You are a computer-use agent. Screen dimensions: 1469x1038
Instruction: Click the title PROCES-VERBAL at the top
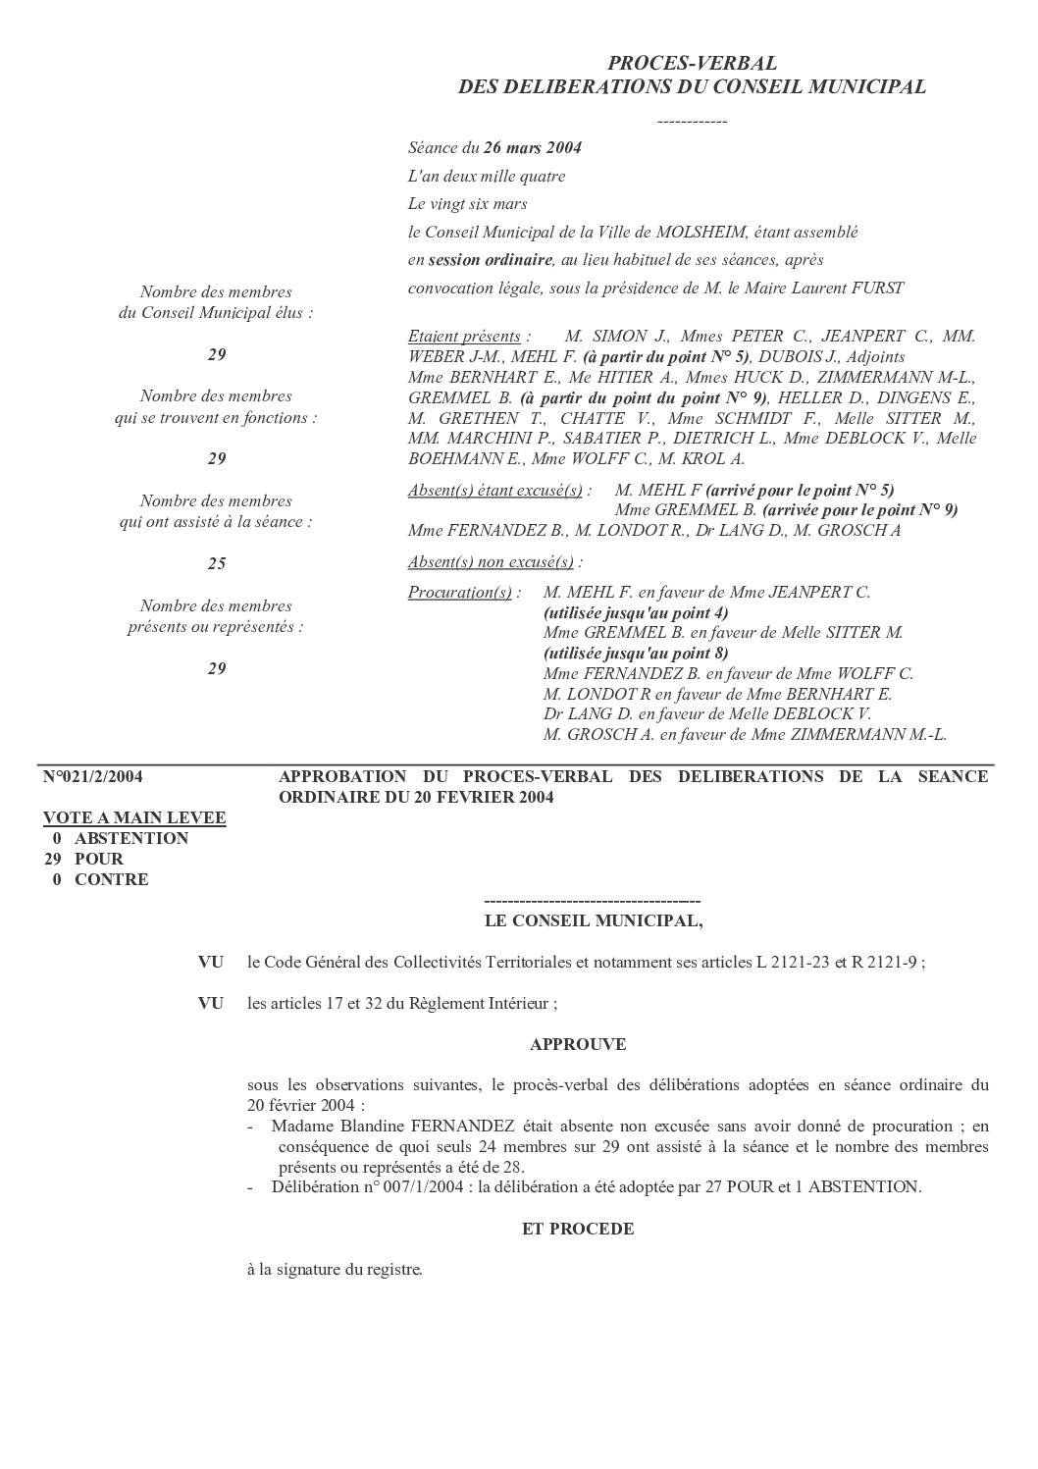coord(692,64)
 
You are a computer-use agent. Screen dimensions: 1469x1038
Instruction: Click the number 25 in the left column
coord(216,563)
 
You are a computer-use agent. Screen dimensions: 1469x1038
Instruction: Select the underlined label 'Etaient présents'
coord(464,337)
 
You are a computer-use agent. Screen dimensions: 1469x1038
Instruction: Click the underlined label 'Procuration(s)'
coord(460,593)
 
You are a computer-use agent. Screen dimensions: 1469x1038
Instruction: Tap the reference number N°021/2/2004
coord(93,777)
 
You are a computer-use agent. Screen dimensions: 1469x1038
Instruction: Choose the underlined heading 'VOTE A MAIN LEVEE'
coord(134,818)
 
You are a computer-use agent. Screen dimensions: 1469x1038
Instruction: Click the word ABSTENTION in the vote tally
coord(131,839)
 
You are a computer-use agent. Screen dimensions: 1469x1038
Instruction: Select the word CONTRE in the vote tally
coord(112,880)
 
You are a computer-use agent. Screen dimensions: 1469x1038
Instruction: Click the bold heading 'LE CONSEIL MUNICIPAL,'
coord(594,921)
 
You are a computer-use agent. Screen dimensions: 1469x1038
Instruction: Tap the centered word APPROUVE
coord(578,1045)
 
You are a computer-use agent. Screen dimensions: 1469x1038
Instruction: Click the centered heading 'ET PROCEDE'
coord(578,1230)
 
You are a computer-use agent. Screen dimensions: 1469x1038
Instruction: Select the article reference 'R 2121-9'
coord(883,963)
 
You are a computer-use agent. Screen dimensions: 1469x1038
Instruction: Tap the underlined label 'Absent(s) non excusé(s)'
coord(491,562)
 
